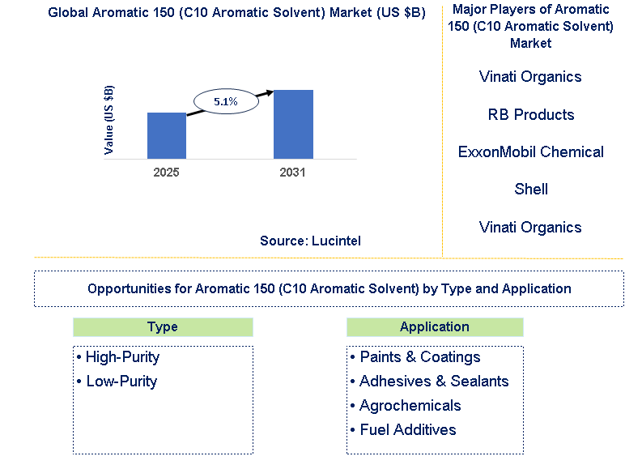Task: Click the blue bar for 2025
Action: tap(166, 135)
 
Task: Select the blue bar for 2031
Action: tap(293, 124)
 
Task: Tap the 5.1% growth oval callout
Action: tap(225, 101)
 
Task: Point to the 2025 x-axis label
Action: tap(166, 173)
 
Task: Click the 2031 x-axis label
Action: tap(292, 173)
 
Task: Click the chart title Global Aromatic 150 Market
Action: tap(236, 13)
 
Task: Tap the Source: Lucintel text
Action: tap(310, 241)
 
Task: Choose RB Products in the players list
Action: tap(531, 114)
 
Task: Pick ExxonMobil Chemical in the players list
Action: tap(531, 151)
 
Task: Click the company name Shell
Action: tap(531, 189)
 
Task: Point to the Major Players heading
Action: tap(531, 26)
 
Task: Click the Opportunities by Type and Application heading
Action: tap(329, 288)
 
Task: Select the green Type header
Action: tap(163, 327)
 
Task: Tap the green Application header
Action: tap(435, 327)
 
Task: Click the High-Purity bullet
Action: tap(118, 357)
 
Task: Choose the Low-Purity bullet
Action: tap(117, 382)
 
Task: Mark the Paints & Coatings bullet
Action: tap(415, 357)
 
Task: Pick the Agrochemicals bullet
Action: tap(406, 406)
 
